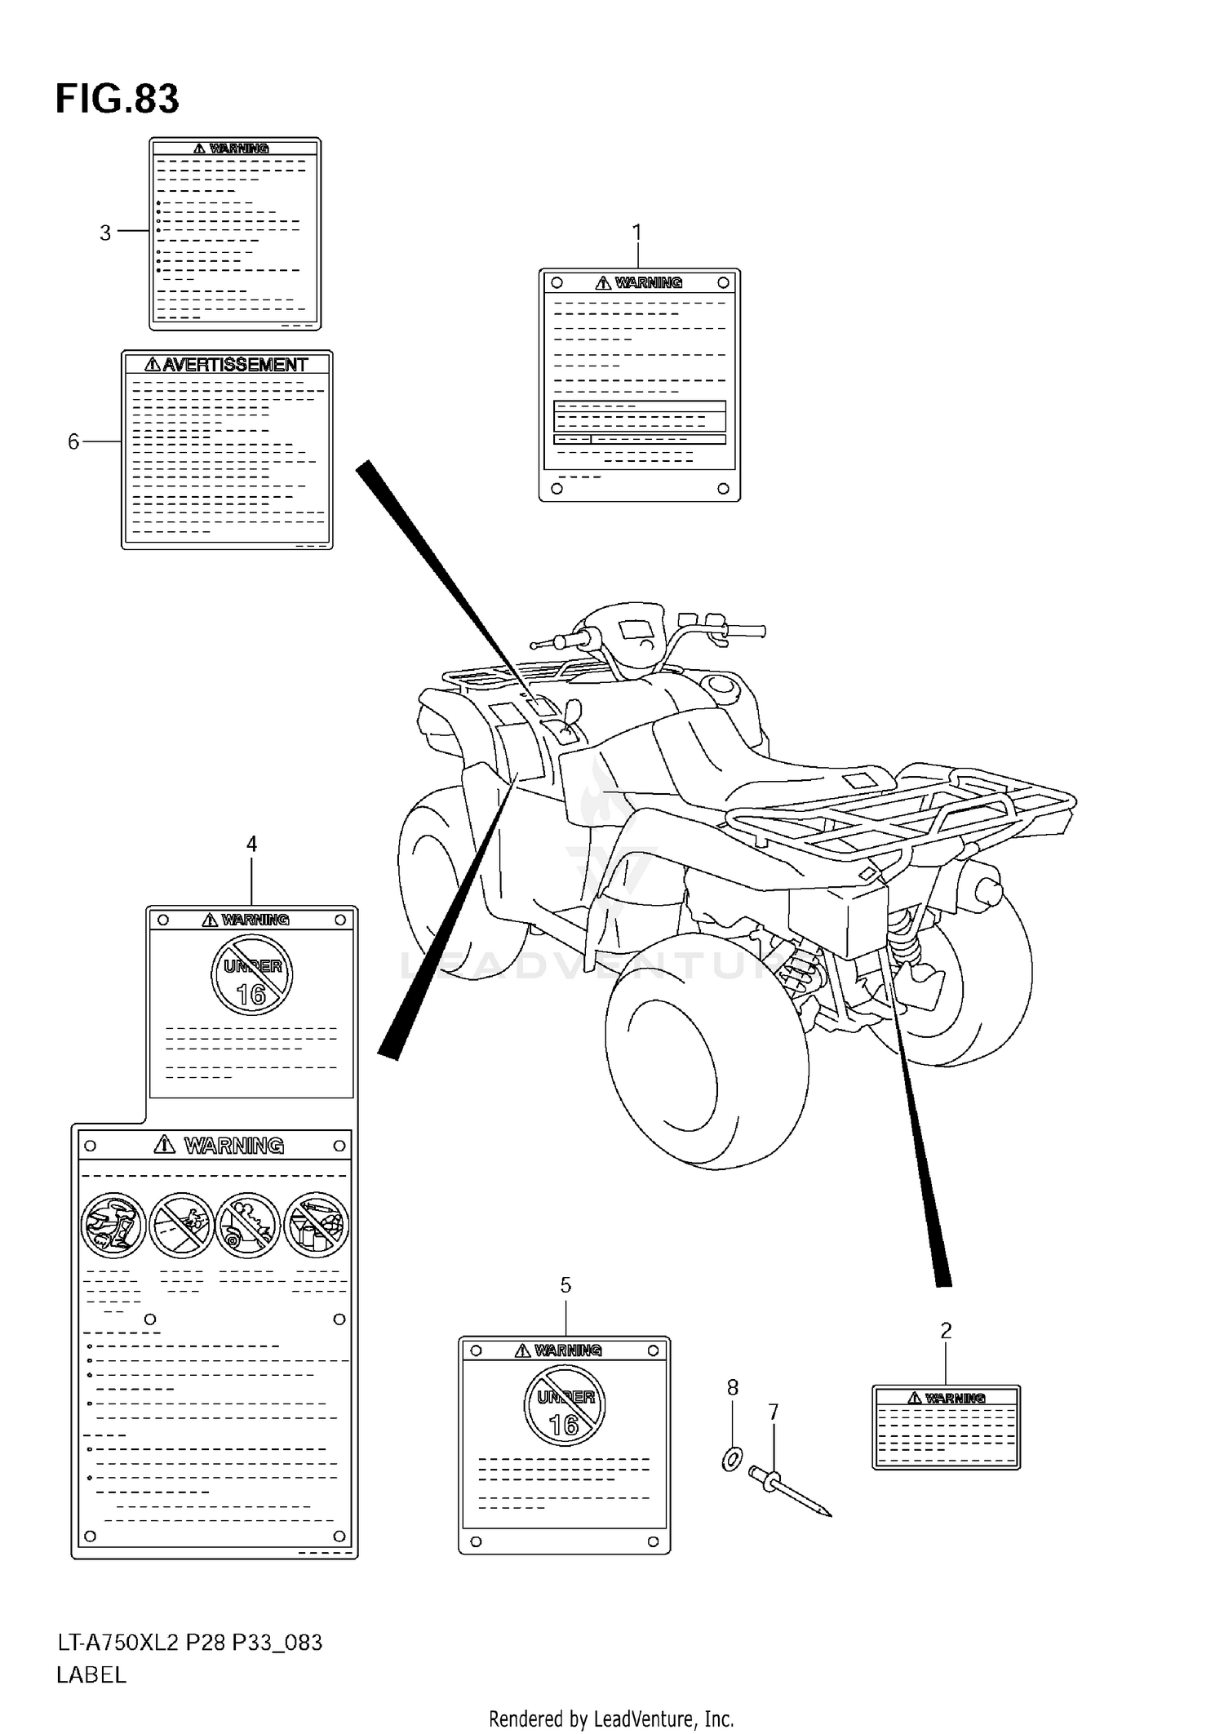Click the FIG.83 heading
117,100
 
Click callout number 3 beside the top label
105,233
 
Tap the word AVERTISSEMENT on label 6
234,365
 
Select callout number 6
73,442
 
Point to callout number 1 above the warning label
637,233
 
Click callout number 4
251,844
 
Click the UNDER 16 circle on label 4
251,974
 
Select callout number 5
565,1285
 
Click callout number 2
946,1331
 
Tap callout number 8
733,1387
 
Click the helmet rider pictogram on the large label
113,1226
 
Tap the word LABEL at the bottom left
91,1675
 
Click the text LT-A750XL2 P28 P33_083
189,1642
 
